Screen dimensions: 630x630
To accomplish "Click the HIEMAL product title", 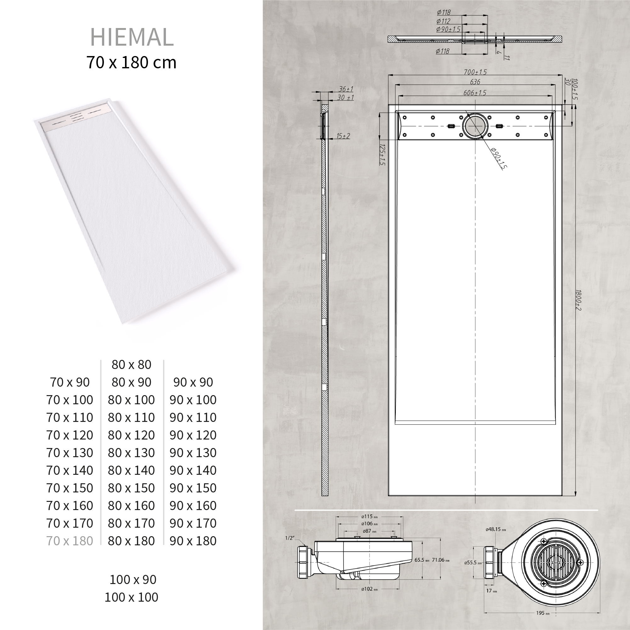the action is click(x=132, y=37).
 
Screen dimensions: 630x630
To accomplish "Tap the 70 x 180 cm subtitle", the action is click(x=131, y=62).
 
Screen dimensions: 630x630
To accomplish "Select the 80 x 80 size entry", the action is click(x=131, y=365).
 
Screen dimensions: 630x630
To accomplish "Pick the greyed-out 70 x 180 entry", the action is click(x=70, y=541).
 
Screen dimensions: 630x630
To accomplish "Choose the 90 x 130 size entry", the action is click(x=193, y=453).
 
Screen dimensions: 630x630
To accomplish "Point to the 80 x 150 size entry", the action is click(x=131, y=488).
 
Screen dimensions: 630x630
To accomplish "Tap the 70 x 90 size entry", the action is click(x=70, y=382).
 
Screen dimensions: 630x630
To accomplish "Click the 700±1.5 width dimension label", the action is click(x=475, y=72).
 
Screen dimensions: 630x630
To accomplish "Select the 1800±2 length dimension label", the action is click(x=578, y=300).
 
